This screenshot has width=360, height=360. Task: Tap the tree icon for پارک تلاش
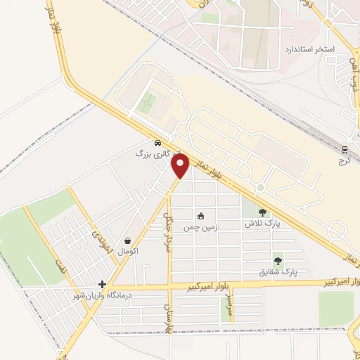tap(263, 212)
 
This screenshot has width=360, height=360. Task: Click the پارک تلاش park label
tap(257, 224)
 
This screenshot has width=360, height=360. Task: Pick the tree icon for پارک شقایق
tap(278, 260)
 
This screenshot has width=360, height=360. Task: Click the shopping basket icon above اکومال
tap(127, 240)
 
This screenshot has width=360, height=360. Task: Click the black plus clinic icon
tap(103, 285)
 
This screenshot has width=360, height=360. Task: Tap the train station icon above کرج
tap(345, 150)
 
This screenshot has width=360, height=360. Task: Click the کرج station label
tap(345, 161)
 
